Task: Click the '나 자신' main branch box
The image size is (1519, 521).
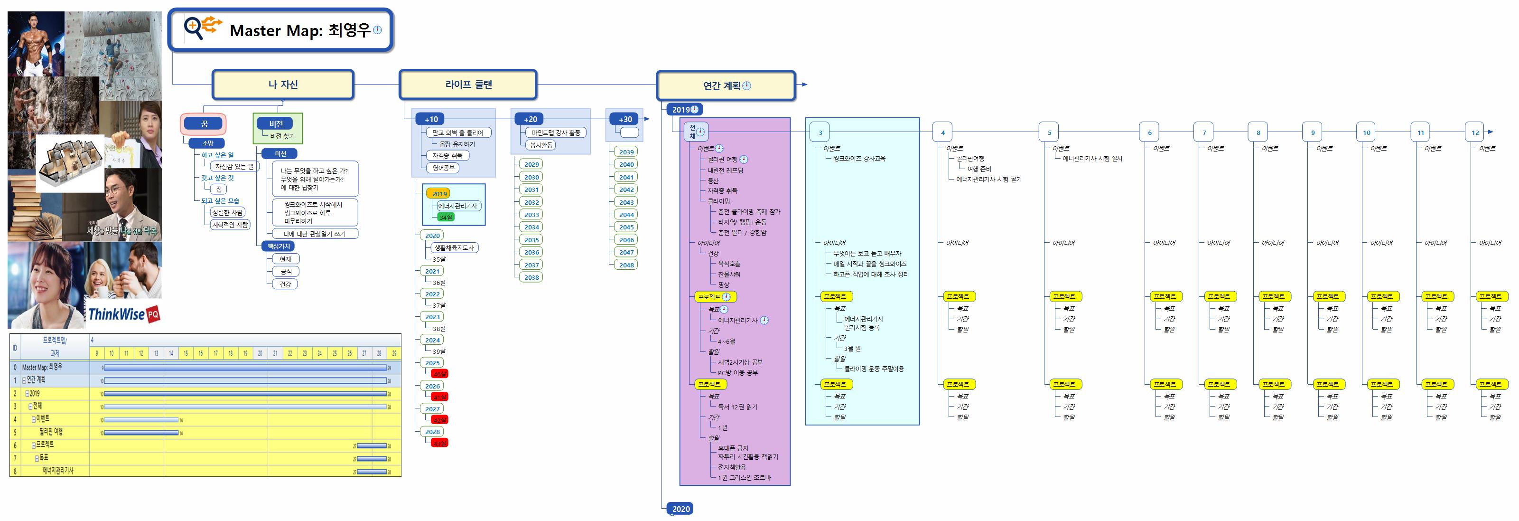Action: coord(283,85)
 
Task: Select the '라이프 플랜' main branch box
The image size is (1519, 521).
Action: coord(468,85)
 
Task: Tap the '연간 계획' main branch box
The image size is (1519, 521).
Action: coord(726,86)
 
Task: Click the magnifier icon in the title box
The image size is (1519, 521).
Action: coord(194,28)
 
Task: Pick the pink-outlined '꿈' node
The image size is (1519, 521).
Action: coord(204,124)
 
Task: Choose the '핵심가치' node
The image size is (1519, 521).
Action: coord(279,246)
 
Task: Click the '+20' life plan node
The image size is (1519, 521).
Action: coord(530,119)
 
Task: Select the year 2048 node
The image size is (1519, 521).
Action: coord(626,265)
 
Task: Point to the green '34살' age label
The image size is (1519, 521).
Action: coord(446,217)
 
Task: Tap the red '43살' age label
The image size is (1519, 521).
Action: coord(439,443)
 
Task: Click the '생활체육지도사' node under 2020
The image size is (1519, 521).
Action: coord(454,248)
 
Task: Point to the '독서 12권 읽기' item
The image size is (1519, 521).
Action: coord(737,407)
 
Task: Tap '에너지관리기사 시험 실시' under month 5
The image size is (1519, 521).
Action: coord(1092,159)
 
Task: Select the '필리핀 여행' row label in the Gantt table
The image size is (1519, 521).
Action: coord(51,432)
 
